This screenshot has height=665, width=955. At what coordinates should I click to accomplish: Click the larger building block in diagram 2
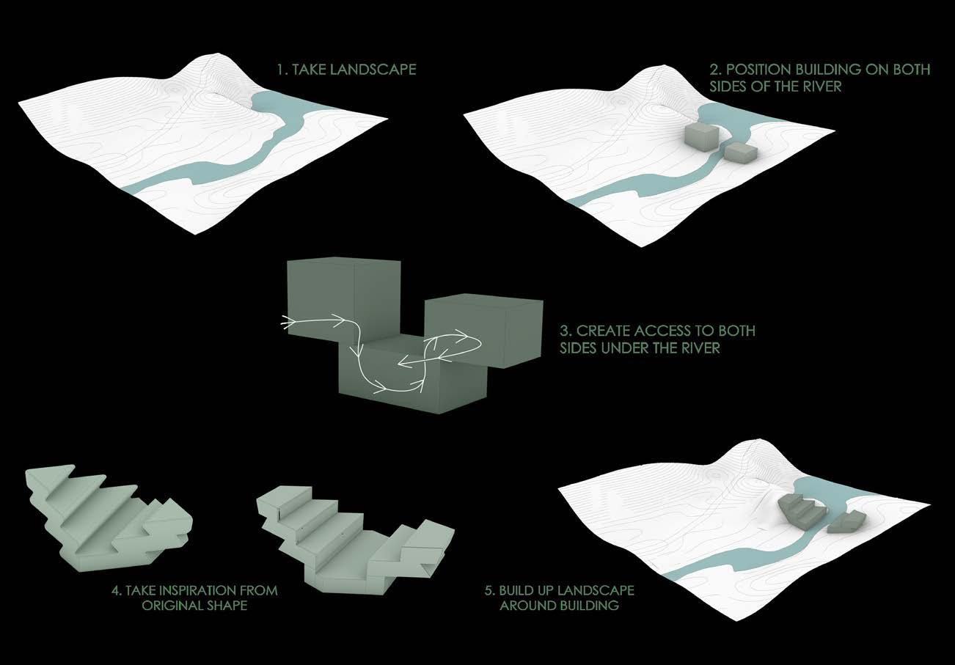coord(702,138)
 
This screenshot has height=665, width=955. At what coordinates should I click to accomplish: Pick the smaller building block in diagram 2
coord(740,153)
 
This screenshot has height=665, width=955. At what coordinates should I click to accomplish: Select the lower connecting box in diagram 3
coord(411,381)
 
